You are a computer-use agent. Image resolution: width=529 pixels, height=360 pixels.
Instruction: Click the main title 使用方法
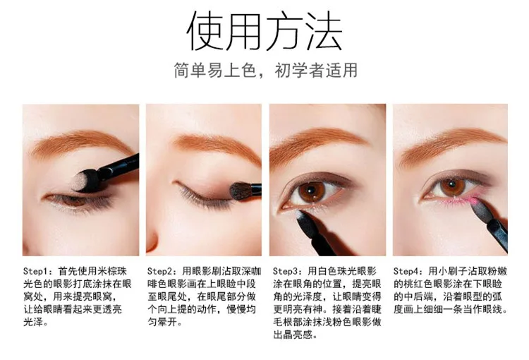[x=264, y=31]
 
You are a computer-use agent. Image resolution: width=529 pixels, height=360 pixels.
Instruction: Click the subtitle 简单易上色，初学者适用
[x=265, y=71]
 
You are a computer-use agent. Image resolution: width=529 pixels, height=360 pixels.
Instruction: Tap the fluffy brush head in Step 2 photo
[x=241, y=191]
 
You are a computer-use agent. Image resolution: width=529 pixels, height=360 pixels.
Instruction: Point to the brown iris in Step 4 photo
[x=451, y=188]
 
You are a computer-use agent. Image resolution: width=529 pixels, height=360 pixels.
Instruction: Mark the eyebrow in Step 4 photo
[x=452, y=143]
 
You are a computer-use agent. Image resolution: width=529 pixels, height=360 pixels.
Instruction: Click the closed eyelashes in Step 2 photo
[x=202, y=196]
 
